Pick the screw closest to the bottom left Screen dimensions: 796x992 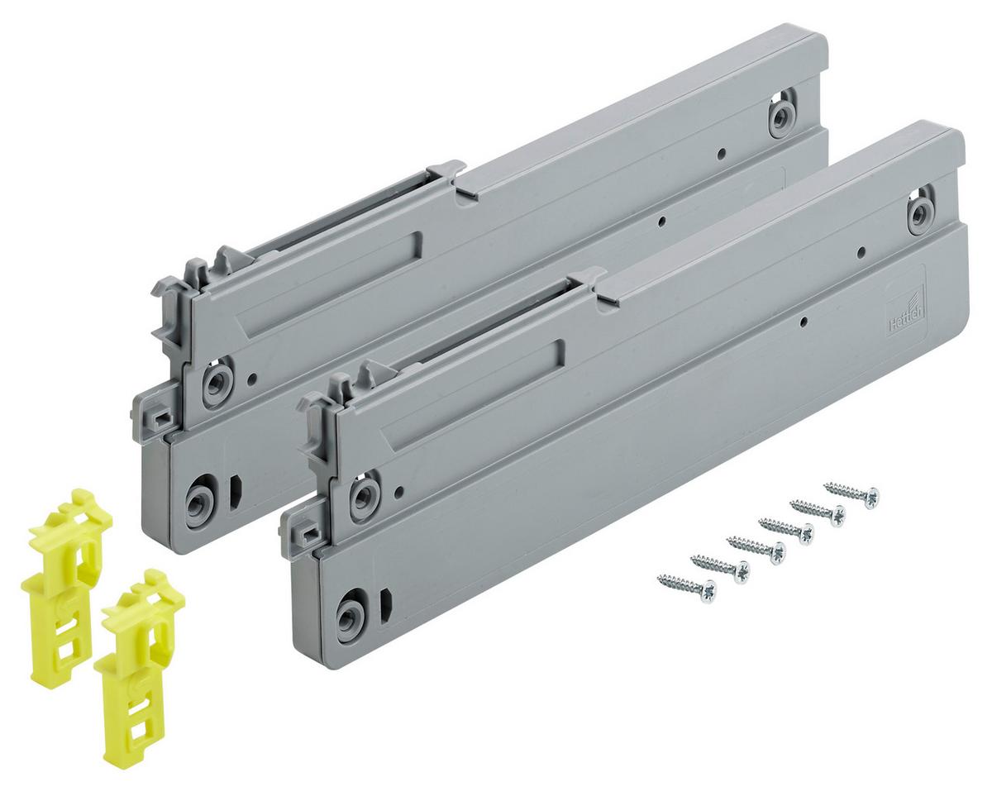pyautogui.click(x=685, y=587)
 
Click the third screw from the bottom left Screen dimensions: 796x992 pyautogui.click(x=755, y=548)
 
